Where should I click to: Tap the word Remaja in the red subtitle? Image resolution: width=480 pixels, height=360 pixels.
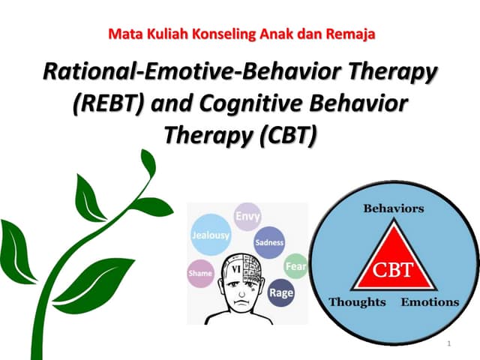[x=349, y=34]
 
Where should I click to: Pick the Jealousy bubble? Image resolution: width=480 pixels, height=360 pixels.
[x=211, y=235]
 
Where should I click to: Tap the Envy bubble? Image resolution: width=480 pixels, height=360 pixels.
[x=247, y=217]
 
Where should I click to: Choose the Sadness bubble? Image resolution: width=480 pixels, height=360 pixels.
[x=269, y=242]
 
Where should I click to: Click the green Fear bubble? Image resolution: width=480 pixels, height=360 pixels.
[x=295, y=265]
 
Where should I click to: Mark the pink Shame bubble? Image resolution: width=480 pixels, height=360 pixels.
[x=200, y=274]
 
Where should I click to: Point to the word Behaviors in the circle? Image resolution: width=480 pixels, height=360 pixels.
[x=394, y=208]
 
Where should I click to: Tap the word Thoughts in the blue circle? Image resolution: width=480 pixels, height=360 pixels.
[x=357, y=302]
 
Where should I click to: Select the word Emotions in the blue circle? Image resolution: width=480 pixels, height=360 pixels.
[x=430, y=302]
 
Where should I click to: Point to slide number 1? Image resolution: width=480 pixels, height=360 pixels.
[x=448, y=343]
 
